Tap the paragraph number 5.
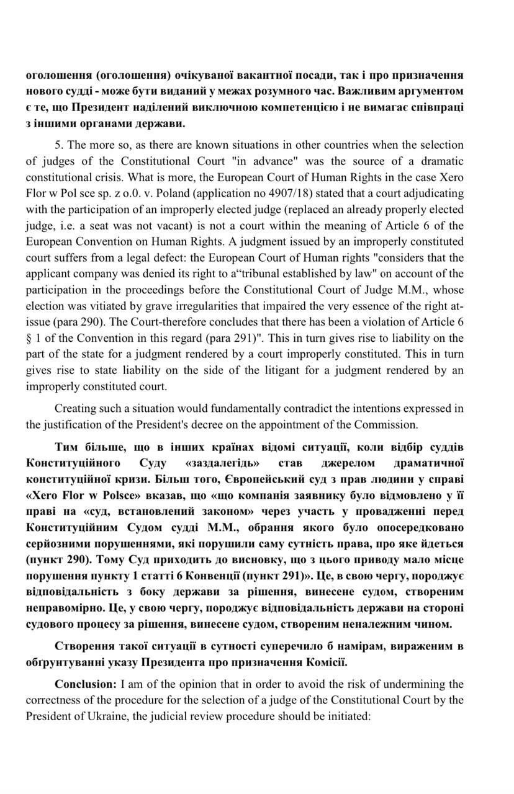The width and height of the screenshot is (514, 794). coord(59,145)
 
